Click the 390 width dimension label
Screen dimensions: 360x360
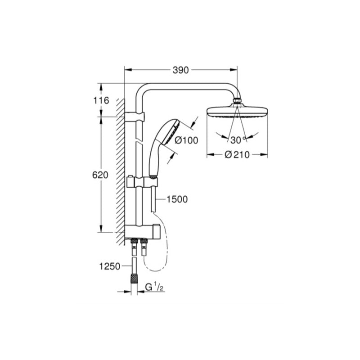pyautogui.click(x=180, y=70)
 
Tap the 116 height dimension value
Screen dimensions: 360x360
pyautogui.click(x=101, y=100)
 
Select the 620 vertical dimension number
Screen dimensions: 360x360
pyautogui.click(x=100, y=175)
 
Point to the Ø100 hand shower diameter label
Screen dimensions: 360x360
pyautogui.click(x=186, y=140)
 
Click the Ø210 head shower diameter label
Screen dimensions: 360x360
pyautogui.click(x=237, y=155)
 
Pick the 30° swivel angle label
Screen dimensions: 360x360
pyautogui.click(x=238, y=140)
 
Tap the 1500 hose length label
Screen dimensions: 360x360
pyautogui.click(x=177, y=199)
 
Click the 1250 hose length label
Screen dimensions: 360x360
pyautogui.click(x=109, y=266)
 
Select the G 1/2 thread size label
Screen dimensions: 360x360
pyautogui.click(x=154, y=287)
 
